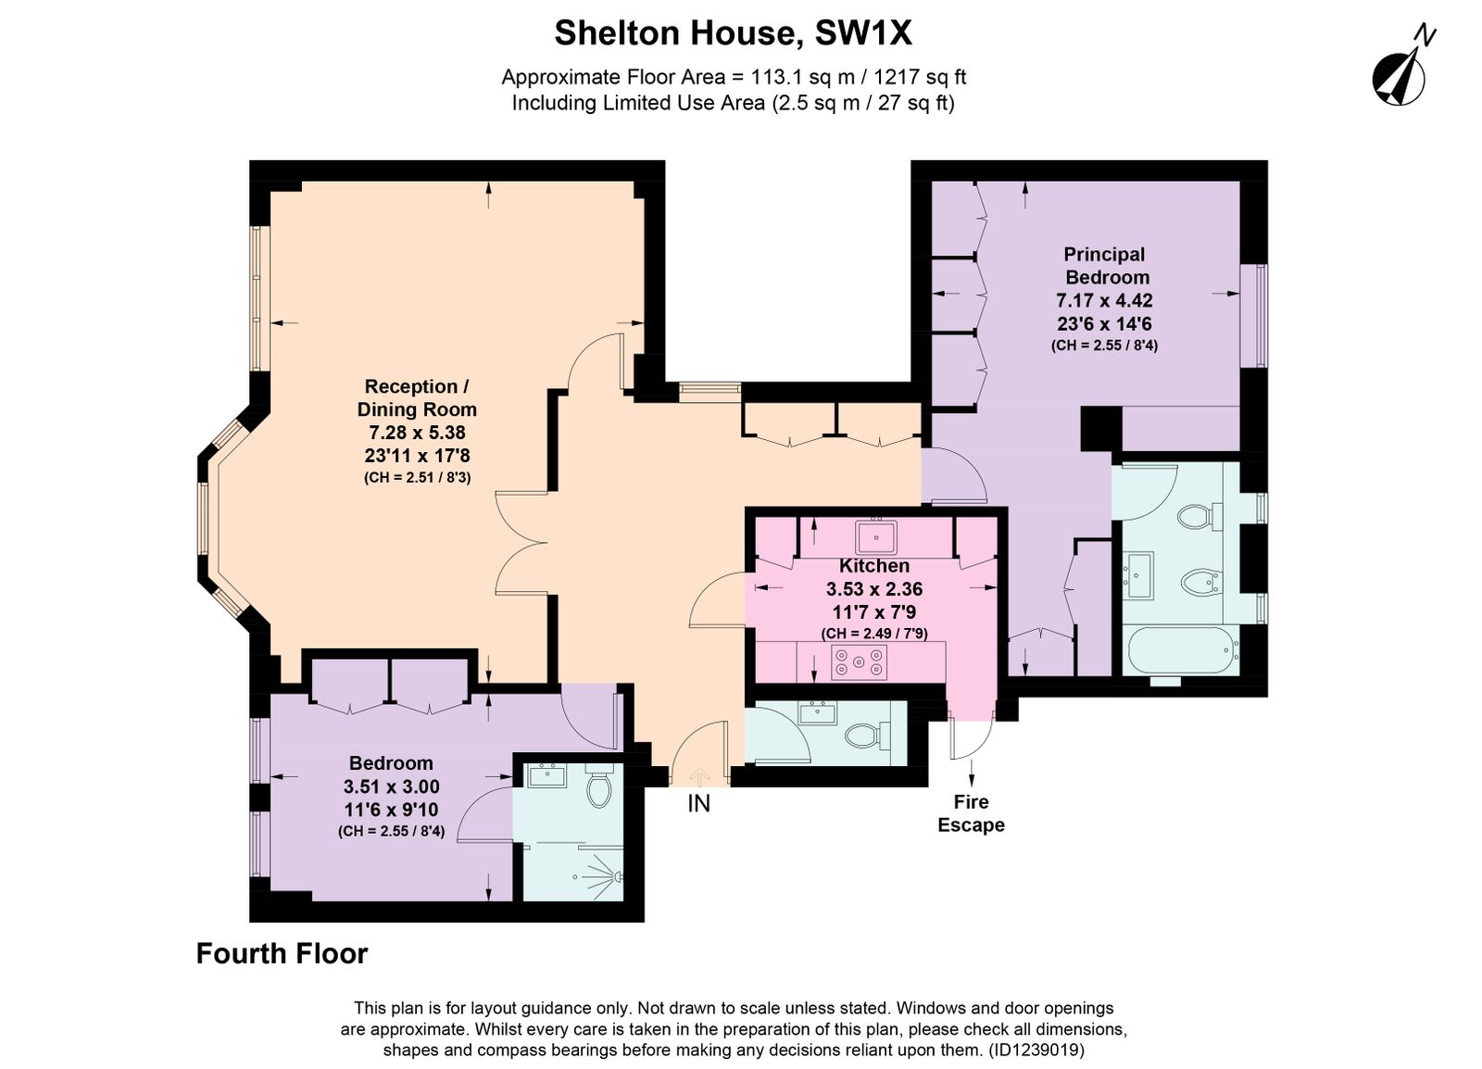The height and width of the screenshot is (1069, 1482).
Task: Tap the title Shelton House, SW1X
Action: (x=733, y=33)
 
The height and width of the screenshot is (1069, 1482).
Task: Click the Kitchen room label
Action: (x=874, y=566)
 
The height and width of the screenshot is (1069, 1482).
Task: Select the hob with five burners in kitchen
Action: (x=859, y=662)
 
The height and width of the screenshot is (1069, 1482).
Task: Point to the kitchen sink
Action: (x=876, y=536)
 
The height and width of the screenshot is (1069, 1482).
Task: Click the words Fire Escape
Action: (x=972, y=813)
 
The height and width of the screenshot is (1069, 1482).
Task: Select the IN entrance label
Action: (x=698, y=804)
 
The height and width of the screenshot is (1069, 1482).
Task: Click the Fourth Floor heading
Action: (x=282, y=954)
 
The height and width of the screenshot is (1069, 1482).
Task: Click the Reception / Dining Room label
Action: (x=417, y=397)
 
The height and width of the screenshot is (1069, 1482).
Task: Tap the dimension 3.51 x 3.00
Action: (x=391, y=786)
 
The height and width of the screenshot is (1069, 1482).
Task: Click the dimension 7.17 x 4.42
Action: (x=1104, y=300)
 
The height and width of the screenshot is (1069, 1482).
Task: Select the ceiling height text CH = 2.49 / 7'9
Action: (x=874, y=633)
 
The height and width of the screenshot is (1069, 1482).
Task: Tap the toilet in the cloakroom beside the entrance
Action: (x=867, y=735)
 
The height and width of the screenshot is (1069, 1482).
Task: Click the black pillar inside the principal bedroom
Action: (x=1101, y=429)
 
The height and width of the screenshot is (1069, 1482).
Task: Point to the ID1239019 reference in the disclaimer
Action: (x=1036, y=1050)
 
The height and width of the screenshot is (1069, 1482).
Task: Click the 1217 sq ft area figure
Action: (x=920, y=78)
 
